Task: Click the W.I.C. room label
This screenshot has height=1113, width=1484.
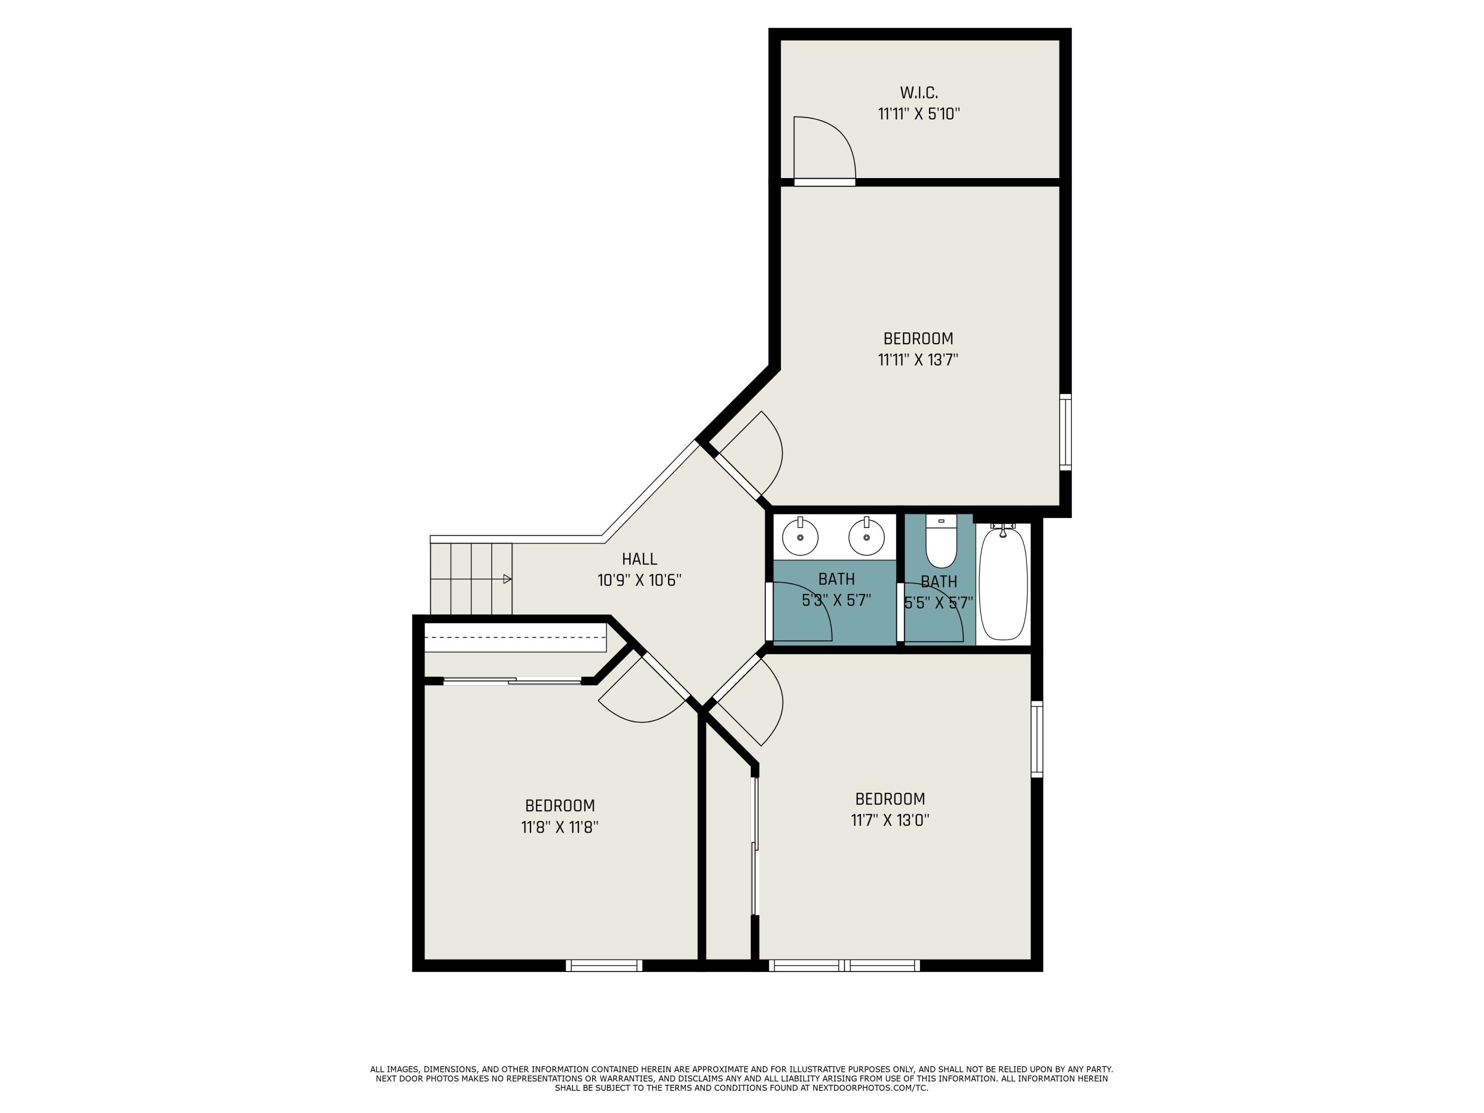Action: (x=919, y=92)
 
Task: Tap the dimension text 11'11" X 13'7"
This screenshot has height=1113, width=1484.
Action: (x=918, y=360)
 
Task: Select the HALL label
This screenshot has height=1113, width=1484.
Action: (x=639, y=559)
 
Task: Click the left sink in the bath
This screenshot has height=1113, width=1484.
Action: (x=800, y=537)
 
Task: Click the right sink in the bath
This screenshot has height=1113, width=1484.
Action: (x=866, y=537)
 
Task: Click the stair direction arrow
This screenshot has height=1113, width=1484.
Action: (x=507, y=579)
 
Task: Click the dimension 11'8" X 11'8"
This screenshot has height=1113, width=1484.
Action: (x=559, y=827)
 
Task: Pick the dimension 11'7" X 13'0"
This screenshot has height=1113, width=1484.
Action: (x=889, y=820)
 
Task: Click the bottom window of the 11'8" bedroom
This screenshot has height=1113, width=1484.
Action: (x=604, y=966)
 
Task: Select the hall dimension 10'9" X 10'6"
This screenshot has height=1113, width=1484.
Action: (x=639, y=580)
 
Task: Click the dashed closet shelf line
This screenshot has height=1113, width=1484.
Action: (x=515, y=637)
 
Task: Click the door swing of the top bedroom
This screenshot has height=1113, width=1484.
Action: (x=751, y=456)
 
